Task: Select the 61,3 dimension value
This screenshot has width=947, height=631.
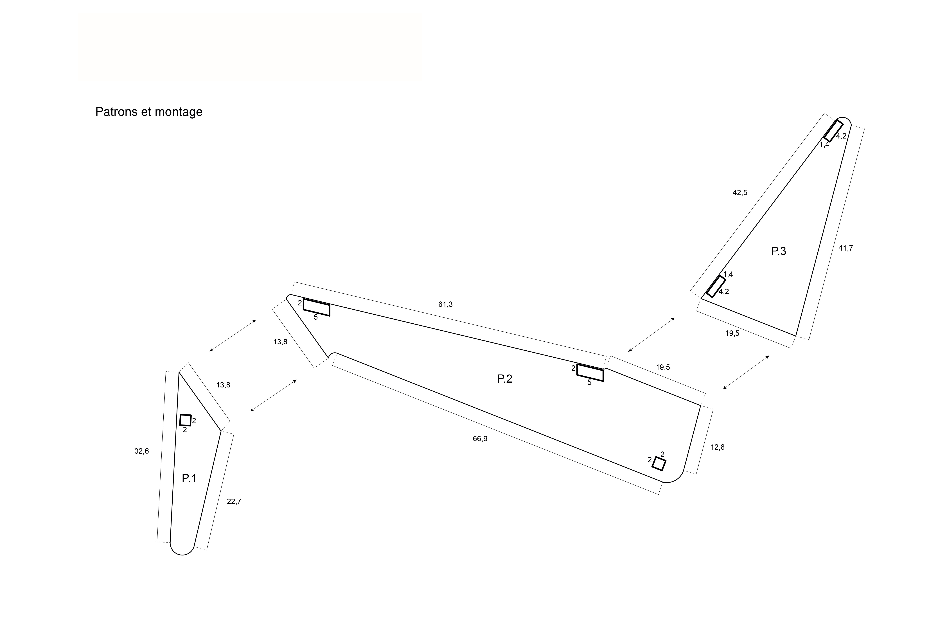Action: (445, 304)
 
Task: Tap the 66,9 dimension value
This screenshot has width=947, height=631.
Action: (480, 439)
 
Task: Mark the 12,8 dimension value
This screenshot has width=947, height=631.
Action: (718, 447)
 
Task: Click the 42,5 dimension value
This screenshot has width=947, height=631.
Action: (740, 192)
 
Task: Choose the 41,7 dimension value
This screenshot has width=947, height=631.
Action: (845, 248)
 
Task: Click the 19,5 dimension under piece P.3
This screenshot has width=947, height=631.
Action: (732, 333)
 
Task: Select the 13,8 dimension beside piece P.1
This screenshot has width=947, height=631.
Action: (223, 385)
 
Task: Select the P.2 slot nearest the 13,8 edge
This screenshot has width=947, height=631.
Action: (316, 307)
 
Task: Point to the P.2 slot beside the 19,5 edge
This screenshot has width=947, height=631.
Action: (590, 372)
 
